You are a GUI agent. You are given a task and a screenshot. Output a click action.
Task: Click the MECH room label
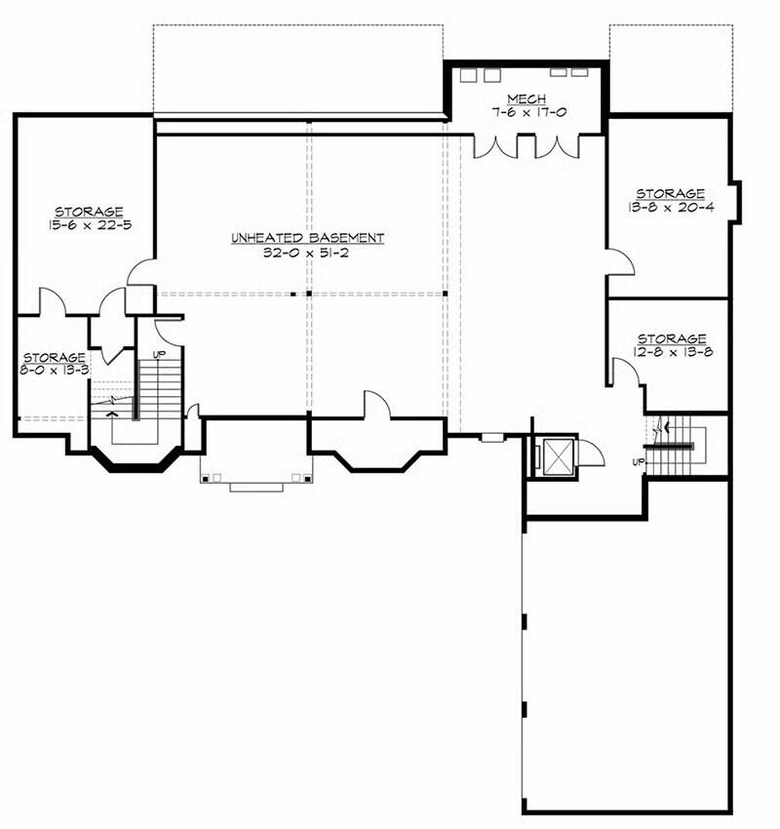(526, 99)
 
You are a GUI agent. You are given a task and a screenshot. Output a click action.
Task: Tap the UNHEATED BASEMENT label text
(307, 238)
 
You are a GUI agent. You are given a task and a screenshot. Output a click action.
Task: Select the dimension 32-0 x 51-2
(306, 253)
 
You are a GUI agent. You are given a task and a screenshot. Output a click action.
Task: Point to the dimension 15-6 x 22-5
(90, 224)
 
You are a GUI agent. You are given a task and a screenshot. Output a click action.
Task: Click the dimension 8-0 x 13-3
(54, 370)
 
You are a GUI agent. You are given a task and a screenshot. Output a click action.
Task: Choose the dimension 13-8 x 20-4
(671, 207)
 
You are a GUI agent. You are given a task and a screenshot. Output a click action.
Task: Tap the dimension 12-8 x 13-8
(672, 352)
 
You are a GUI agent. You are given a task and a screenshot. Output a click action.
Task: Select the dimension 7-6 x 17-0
(527, 112)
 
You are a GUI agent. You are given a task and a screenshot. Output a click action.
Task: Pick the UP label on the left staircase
(158, 355)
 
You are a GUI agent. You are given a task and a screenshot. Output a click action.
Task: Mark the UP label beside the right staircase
(639, 462)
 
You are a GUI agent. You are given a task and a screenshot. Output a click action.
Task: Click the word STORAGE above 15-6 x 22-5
(90, 212)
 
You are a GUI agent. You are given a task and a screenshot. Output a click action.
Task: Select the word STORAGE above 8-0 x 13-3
(54, 357)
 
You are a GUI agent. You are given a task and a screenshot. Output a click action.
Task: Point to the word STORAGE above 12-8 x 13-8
(672, 338)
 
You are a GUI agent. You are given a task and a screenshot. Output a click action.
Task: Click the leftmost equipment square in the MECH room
(468, 75)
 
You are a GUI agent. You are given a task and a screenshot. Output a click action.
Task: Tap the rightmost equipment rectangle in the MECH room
(580, 72)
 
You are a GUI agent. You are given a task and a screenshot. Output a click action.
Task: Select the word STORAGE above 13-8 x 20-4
(670, 193)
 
